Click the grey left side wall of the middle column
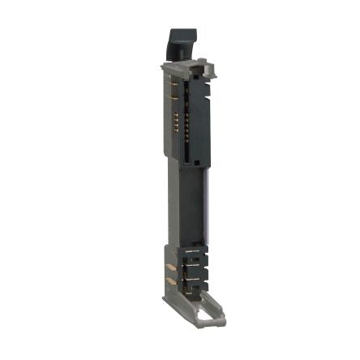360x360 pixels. pos(171,203)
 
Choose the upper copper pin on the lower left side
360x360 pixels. pos(170,267)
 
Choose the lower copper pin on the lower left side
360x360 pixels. pos(170,280)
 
